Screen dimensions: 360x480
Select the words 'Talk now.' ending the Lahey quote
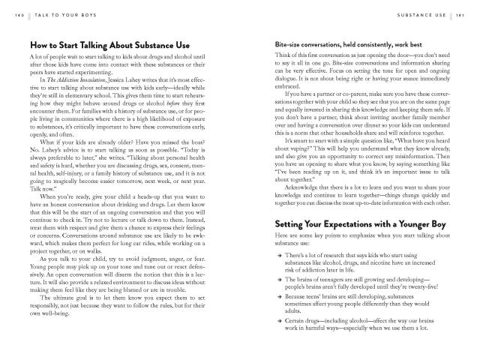[x=42, y=190]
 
